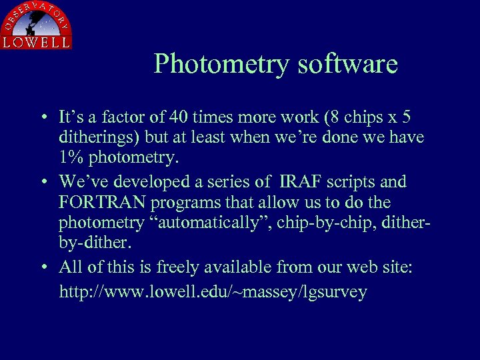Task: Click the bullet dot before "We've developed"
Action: (42, 182)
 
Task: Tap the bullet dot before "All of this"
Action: (42, 268)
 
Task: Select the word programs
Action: (188, 202)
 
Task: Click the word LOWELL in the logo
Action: (36, 41)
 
